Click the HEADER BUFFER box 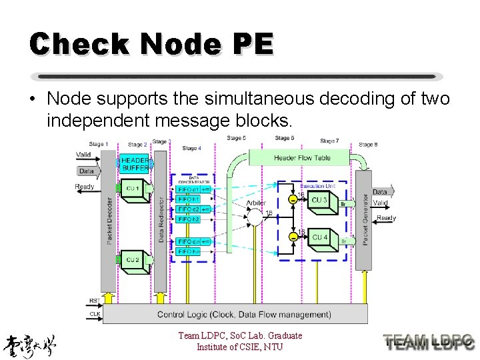[x=135, y=164]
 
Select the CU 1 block [x=133, y=189]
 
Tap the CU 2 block [x=133, y=260]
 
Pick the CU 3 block [x=319, y=201]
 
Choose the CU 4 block [x=319, y=237]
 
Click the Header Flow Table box [x=301, y=158]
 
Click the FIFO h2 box [x=188, y=219]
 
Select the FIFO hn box [x=188, y=251]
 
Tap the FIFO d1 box [x=188, y=189]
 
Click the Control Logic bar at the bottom [x=235, y=314]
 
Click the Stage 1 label [x=98, y=144]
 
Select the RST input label [x=94, y=301]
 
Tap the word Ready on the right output [x=386, y=218]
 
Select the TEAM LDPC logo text [x=429, y=341]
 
